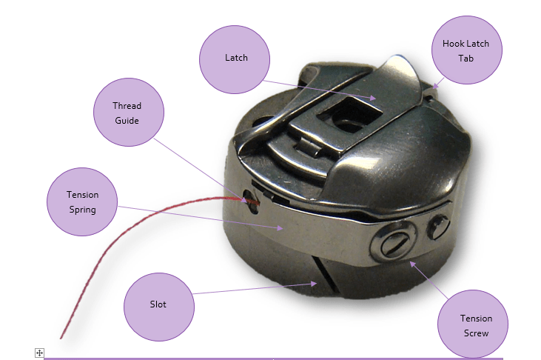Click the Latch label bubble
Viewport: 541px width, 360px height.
[236, 58]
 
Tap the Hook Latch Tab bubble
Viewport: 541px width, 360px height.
[465, 50]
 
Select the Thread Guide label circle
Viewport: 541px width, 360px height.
[127, 113]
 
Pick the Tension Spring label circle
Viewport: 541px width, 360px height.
[82, 201]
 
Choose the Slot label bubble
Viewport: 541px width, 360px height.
[158, 304]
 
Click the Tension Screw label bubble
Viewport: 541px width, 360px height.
[475, 324]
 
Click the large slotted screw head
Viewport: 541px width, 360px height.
[391, 241]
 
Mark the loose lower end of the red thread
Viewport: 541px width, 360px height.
[61, 338]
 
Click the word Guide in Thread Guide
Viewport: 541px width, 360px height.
[127, 120]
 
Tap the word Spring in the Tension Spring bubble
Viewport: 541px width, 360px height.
[82, 209]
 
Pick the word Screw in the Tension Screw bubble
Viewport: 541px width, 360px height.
[475, 333]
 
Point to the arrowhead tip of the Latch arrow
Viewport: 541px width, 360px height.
[380, 98]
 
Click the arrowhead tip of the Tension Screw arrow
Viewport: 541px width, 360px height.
[410, 260]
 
